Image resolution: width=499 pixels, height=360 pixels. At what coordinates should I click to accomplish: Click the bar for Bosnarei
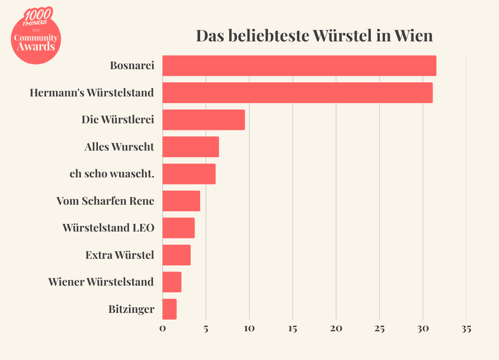pyautogui.click(x=299, y=66)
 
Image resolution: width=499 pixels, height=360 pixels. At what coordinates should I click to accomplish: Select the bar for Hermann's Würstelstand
pyautogui.click(x=297, y=93)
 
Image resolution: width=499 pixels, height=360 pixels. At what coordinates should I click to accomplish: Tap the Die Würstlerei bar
pyautogui.click(x=203, y=120)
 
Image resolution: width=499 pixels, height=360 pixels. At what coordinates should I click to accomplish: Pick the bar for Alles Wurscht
pyautogui.click(x=191, y=147)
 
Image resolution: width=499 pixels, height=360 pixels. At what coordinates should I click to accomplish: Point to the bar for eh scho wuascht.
pyautogui.click(x=189, y=174)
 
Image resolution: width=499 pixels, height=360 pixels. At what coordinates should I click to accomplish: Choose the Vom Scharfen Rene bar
pyautogui.click(x=181, y=201)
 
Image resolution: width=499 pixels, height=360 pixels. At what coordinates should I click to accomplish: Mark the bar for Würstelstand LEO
pyautogui.click(x=178, y=228)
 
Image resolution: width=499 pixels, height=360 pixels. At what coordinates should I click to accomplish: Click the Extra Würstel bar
pyautogui.click(x=177, y=255)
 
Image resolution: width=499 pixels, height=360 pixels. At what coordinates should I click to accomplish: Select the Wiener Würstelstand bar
pyautogui.click(x=172, y=282)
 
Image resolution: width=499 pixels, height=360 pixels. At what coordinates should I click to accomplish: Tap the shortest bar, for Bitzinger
pyautogui.click(x=169, y=309)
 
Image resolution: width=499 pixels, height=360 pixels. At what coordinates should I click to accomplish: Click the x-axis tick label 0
pyautogui.click(x=162, y=328)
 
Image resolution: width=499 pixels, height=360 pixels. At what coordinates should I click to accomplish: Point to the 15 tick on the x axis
pyautogui.click(x=293, y=328)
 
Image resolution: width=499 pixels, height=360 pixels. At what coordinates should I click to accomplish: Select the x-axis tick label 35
pyautogui.click(x=466, y=328)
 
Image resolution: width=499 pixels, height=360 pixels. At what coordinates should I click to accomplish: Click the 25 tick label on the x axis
pyautogui.click(x=379, y=328)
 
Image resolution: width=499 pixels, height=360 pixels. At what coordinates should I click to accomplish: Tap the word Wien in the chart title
pyautogui.click(x=413, y=36)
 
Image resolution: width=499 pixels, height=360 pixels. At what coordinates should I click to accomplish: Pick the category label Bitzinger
pyautogui.click(x=131, y=309)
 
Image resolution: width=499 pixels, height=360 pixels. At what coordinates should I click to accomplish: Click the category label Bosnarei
pyautogui.click(x=132, y=66)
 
